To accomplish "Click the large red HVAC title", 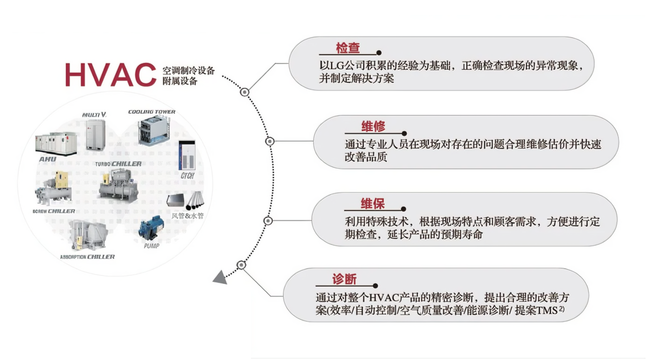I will coord(110,74).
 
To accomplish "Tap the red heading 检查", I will coord(348,48).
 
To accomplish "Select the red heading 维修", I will coord(373,127).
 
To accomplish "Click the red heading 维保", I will coord(372,204).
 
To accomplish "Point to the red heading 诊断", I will coord(344,279).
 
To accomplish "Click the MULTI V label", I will coord(94,115).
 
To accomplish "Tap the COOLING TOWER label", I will coord(151,112).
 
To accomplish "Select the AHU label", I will coord(47,159).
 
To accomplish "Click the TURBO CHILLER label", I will coord(118,164).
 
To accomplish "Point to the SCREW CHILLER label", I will coord(55,211).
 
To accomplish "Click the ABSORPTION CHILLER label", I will coord(87,257).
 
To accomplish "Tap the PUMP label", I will coord(151,246).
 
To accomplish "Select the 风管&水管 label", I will coord(187,216).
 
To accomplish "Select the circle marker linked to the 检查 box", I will coord(245,92).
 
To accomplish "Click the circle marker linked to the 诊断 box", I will coord(242,265).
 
